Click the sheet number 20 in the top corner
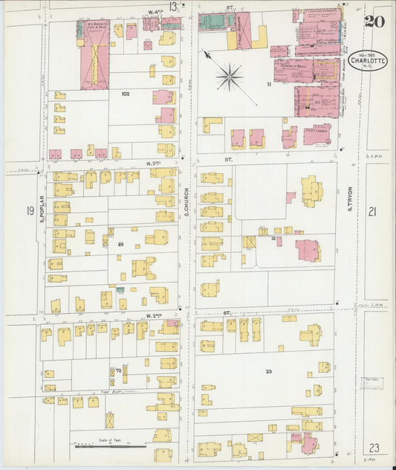pos(374,20)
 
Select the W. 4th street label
pos(155,10)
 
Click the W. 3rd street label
pos(154,162)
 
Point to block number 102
pos(124,94)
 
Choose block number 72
pos(117,370)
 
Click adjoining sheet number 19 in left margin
pos(30,212)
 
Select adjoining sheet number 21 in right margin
pos(372,212)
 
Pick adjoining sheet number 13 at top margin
pos(173,7)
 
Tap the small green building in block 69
pos(120,289)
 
